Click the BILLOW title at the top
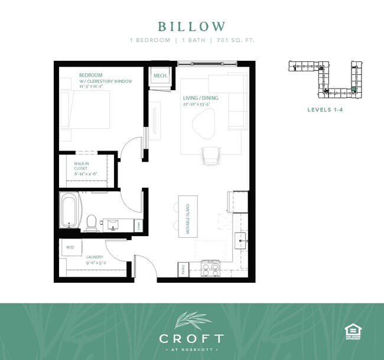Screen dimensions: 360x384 point(191,27)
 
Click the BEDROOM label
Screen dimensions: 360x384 point(91,75)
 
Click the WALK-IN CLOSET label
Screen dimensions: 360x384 point(81,165)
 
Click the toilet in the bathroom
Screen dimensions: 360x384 point(92,221)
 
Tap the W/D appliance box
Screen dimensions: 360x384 point(70,247)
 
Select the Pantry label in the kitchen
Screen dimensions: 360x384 point(183,270)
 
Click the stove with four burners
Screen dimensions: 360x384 point(210,269)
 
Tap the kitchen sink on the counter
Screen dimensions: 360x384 point(241,239)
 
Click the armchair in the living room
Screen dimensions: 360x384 point(211,156)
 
